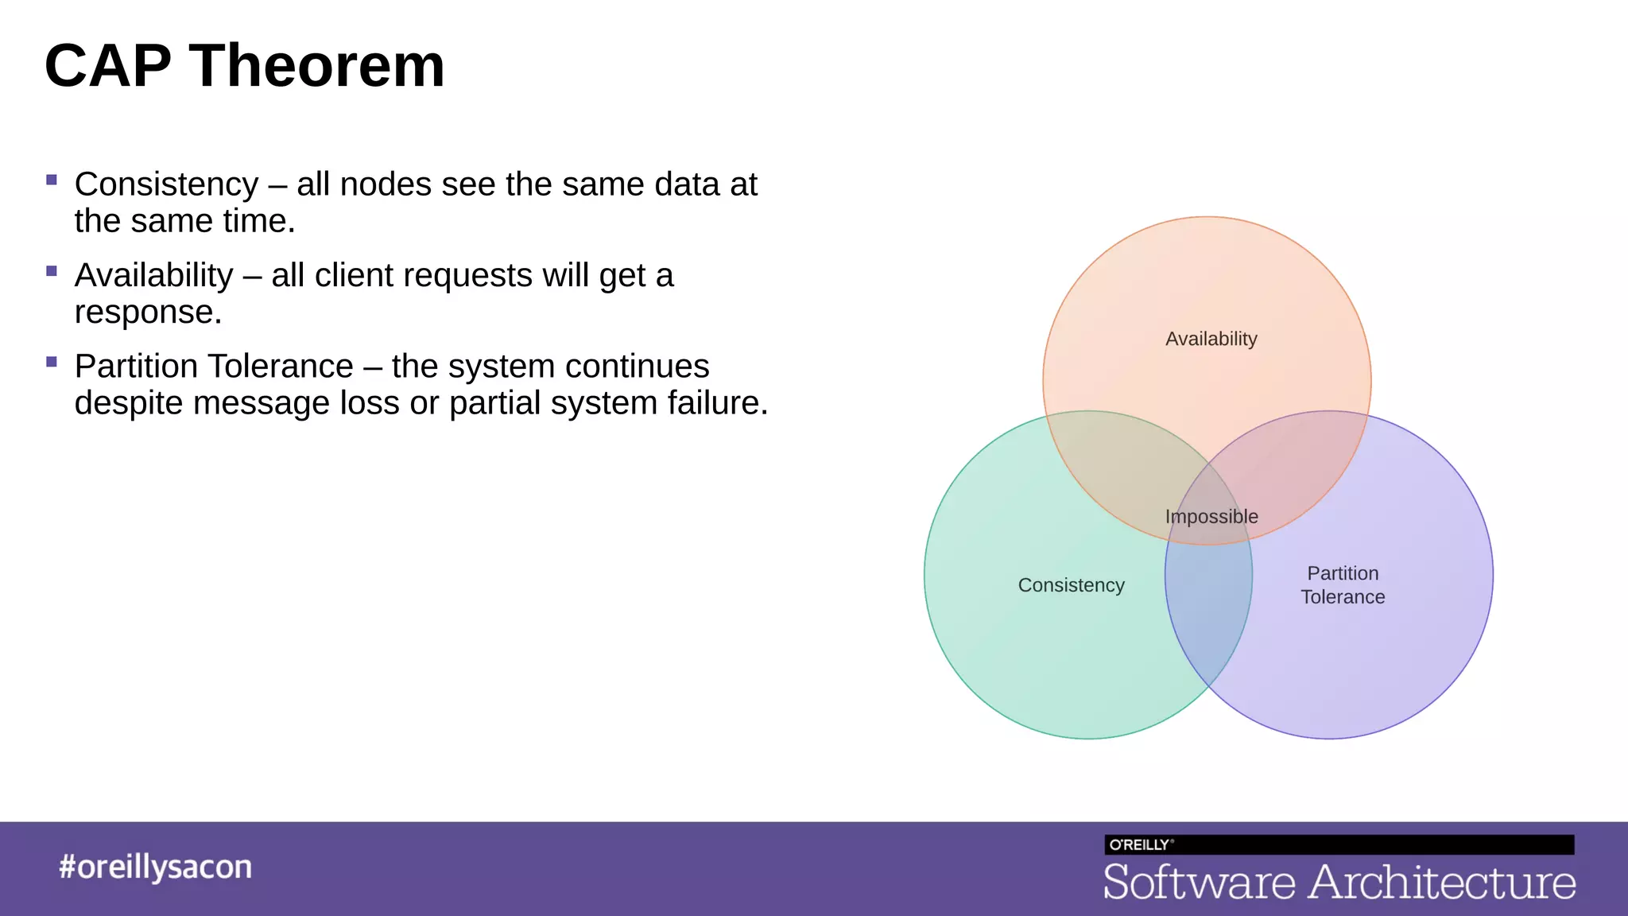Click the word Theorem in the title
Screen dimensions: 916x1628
tap(316, 66)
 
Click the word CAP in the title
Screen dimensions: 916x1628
tap(108, 66)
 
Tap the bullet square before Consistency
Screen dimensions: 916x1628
tap(52, 180)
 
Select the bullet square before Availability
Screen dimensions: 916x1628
tap(52, 271)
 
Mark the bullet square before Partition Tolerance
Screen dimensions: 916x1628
tap(52, 362)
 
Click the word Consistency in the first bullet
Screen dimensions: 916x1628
tap(166, 184)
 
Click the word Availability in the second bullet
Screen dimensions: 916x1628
tap(153, 276)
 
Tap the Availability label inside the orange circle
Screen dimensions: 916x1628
tap(1211, 339)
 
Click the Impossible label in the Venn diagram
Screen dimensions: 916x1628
tap(1211, 517)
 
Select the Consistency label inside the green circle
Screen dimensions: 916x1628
tap(1071, 585)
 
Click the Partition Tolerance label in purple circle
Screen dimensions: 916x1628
tap(1343, 585)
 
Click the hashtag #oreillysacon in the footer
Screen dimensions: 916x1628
tap(155, 867)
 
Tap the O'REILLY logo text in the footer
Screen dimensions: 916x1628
tap(1140, 844)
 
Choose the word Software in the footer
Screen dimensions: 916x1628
tap(1199, 883)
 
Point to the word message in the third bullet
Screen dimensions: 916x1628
tap(262, 403)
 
